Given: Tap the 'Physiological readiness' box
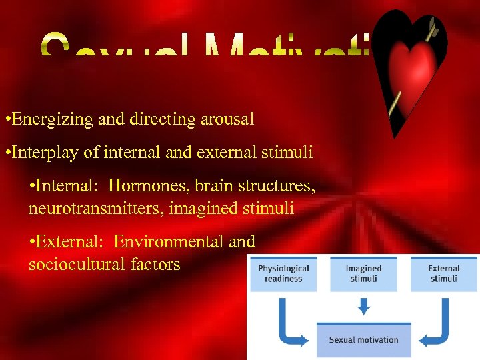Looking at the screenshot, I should click(283, 273).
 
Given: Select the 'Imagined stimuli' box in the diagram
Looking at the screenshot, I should click(363, 273).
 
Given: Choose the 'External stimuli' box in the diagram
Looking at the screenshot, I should click(443, 273).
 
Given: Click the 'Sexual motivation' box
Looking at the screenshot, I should click(363, 340).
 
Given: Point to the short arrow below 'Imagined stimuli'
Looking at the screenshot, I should click(363, 305).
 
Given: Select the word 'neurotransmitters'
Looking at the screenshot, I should click(96, 209).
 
